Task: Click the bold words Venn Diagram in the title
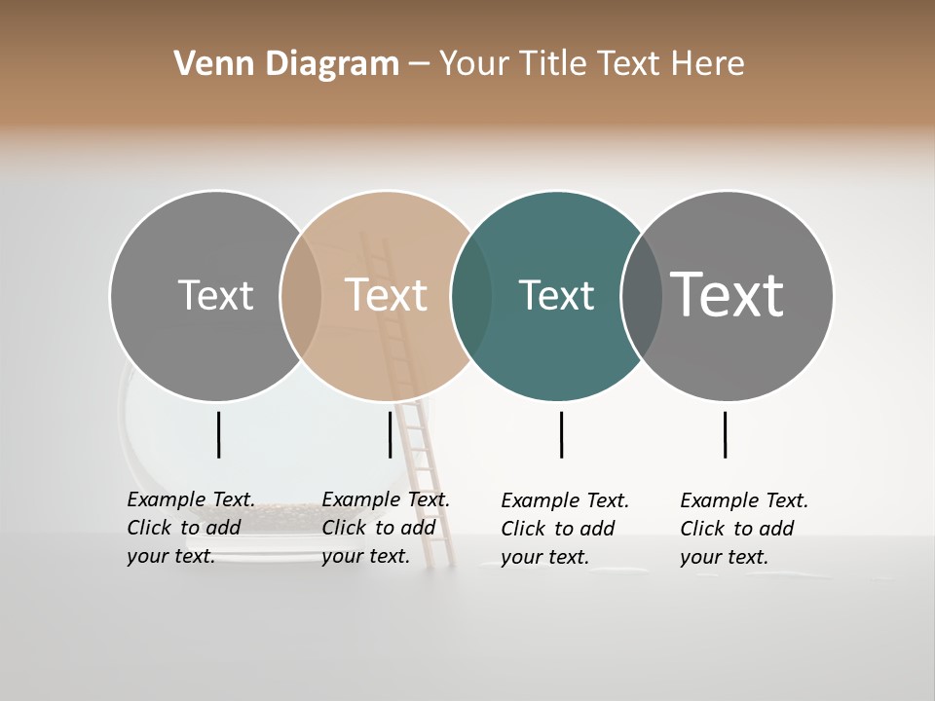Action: pyautogui.click(x=286, y=64)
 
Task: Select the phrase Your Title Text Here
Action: pyautogui.click(x=591, y=64)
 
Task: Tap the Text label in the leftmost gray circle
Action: pyautogui.click(x=215, y=295)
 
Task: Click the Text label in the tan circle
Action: pyautogui.click(x=386, y=295)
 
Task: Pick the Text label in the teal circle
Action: pyautogui.click(x=556, y=295)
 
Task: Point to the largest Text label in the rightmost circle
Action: pyautogui.click(x=727, y=294)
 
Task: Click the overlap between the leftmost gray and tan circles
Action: pyautogui.click(x=301, y=295)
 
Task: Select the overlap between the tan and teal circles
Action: pyautogui.click(x=471, y=295)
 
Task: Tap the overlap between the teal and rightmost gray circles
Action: pyautogui.click(x=641, y=295)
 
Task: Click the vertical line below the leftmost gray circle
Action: pyautogui.click(x=219, y=434)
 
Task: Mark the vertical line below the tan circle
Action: pyautogui.click(x=390, y=434)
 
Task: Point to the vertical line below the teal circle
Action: pyautogui.click(x=562, y=434)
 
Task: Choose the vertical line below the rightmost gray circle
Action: pyautogui.click(x=726, y=434)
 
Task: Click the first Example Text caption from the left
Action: pyautogui.click(x=191, y=527)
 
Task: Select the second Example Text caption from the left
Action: pyautogui.click(x=386, y=527)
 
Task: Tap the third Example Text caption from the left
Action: pyautogui.click(x=565, y=528)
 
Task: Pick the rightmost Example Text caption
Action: pyautogui.click(x=744, y=528)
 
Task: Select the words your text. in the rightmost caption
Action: pyautogui.click(x=724, y=557)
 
